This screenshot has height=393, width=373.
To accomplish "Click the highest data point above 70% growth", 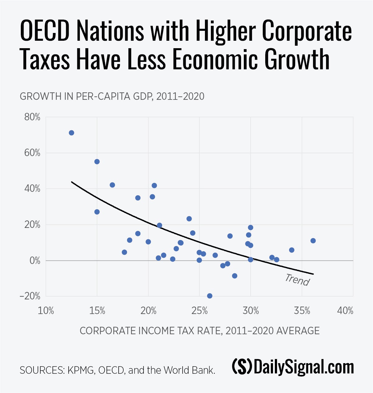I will coord(71,133).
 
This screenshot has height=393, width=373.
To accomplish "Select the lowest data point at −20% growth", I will coord(210,296).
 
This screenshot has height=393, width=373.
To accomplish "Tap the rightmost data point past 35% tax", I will coord(313,241).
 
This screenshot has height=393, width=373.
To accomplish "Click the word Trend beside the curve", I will coord(297,280).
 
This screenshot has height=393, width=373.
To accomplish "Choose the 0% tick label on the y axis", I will coord(35,261).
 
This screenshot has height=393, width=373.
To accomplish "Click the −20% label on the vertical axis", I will coord(30,296).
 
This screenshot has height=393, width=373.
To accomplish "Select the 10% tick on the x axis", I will coord(46,311).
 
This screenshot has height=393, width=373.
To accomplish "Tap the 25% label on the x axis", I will coord(199,311).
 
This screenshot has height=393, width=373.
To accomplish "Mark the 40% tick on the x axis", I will coord(345,311).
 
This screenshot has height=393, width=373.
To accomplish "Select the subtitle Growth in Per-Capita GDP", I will coord(112,96).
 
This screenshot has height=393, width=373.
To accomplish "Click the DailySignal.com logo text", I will coord(304,367).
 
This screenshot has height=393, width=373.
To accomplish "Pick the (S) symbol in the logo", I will coord(242,367).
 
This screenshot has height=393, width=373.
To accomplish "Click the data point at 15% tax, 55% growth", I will coord(97,162).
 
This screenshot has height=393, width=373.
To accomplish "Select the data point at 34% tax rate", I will coord(292,250).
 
